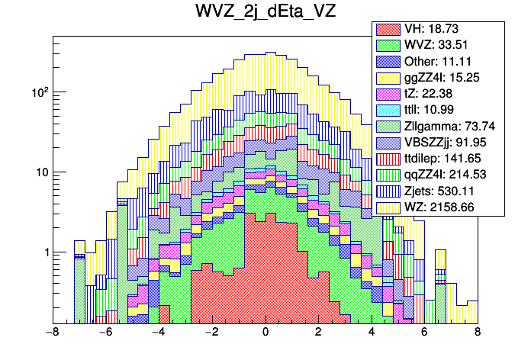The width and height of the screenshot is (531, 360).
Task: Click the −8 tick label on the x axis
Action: pyautogui.click(x=52, y=333)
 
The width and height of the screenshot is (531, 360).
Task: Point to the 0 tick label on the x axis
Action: pyautogui.click(x=265, y=333)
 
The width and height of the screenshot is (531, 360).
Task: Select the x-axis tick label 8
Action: pyautogui.click(x=478, y=333)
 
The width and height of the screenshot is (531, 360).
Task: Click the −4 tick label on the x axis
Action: pyautogui.click(x=159, y=333)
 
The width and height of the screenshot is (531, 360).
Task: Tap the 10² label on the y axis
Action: pyautogui.click(x=37, y=92)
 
